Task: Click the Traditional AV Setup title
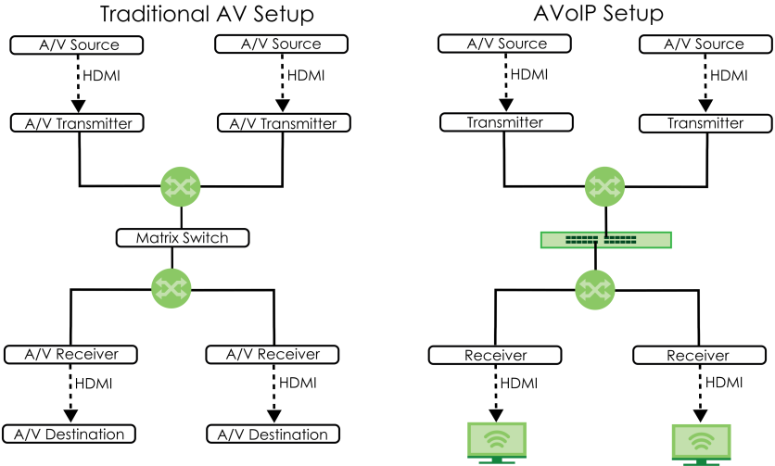point(206,14)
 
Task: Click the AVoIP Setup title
point(600,14)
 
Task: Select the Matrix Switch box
point(182,238)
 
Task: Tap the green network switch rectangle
point(605,240)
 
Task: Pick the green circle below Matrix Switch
point(172,288)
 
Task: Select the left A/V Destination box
point(70,434)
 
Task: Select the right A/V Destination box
point(273,435)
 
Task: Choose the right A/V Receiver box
point(273,354)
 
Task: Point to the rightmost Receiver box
point(697,355)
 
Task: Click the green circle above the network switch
point(605,187)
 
